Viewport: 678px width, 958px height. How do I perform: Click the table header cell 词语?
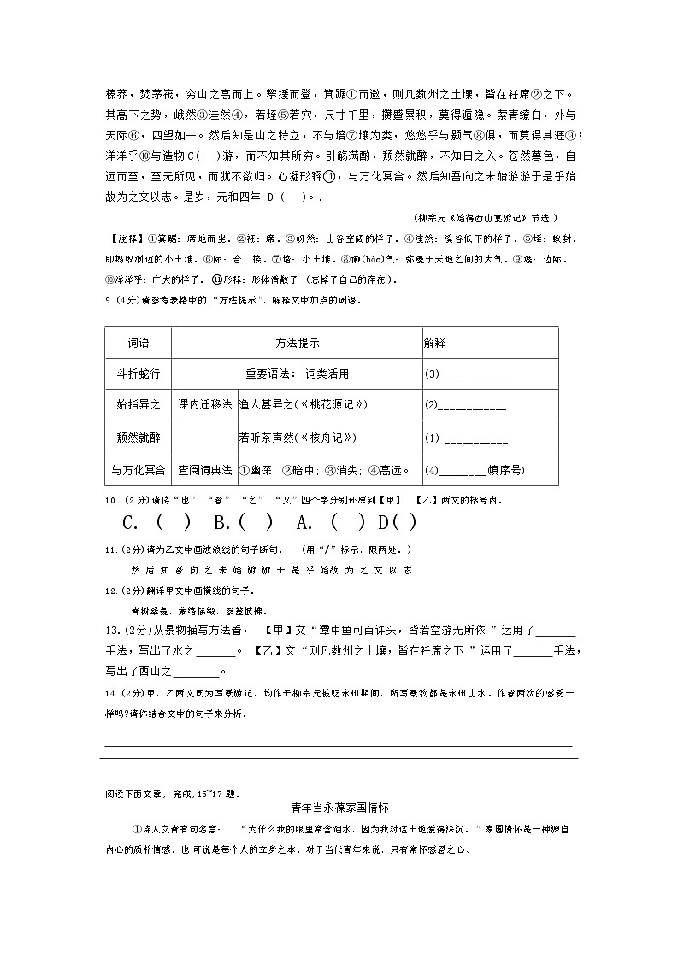[x=138, y=343]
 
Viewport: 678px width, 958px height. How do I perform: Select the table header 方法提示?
[x=297, y=343]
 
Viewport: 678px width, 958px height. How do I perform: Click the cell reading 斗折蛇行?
[x=138, y=373]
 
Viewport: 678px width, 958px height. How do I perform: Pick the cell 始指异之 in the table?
[x=138, y=404]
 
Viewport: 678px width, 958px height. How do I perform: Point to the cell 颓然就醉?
[x=138, y=438]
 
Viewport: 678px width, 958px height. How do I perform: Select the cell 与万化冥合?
[x=138, y=469]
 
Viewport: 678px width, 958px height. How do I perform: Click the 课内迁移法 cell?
[x=204, y=404]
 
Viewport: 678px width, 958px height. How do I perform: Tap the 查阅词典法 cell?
[x=204, y=469]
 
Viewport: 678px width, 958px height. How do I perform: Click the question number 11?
[x=110, y=549]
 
